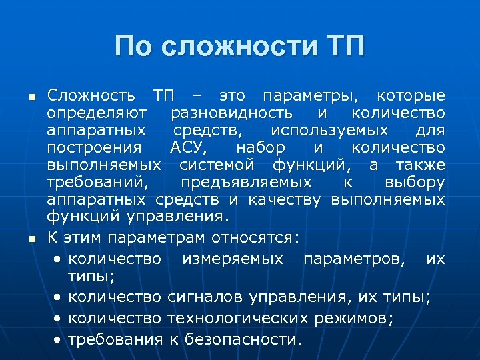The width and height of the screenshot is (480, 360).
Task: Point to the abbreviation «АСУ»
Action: click(191, 147)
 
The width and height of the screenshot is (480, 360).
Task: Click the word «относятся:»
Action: click(255, 237)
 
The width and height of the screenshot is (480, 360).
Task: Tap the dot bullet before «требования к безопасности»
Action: click(59, 339)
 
